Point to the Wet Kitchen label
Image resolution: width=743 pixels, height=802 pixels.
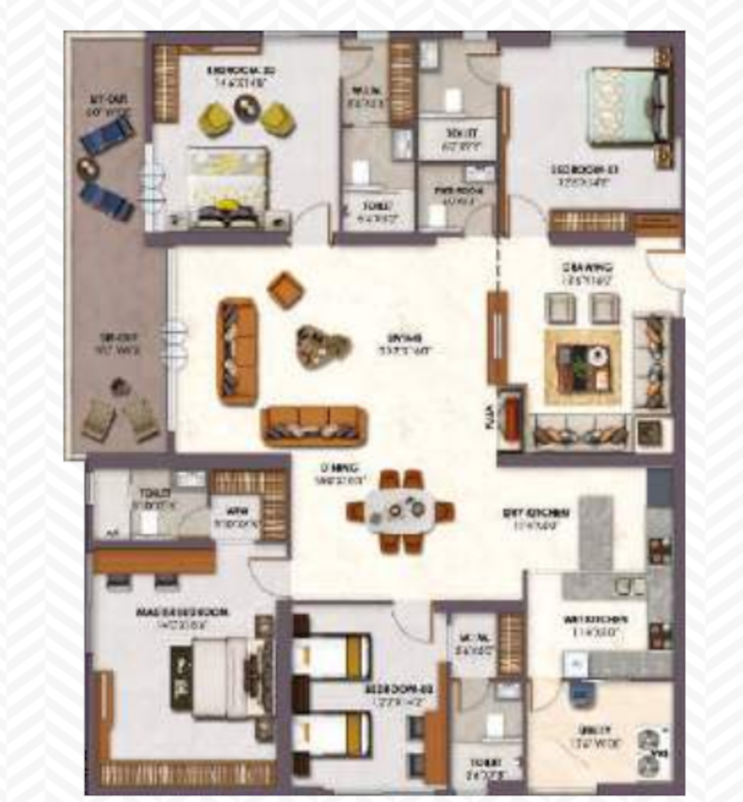point(595,623)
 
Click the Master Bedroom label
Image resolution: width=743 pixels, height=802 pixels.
point(182,614)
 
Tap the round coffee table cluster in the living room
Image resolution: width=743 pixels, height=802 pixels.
point(322,346)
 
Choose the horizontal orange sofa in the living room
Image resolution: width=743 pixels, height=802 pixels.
point(313,425)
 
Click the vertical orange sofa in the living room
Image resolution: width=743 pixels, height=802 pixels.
point(238,351)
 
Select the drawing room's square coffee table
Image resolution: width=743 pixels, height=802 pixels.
point(582,365)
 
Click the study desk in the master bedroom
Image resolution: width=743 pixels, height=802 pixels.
point(154,560)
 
